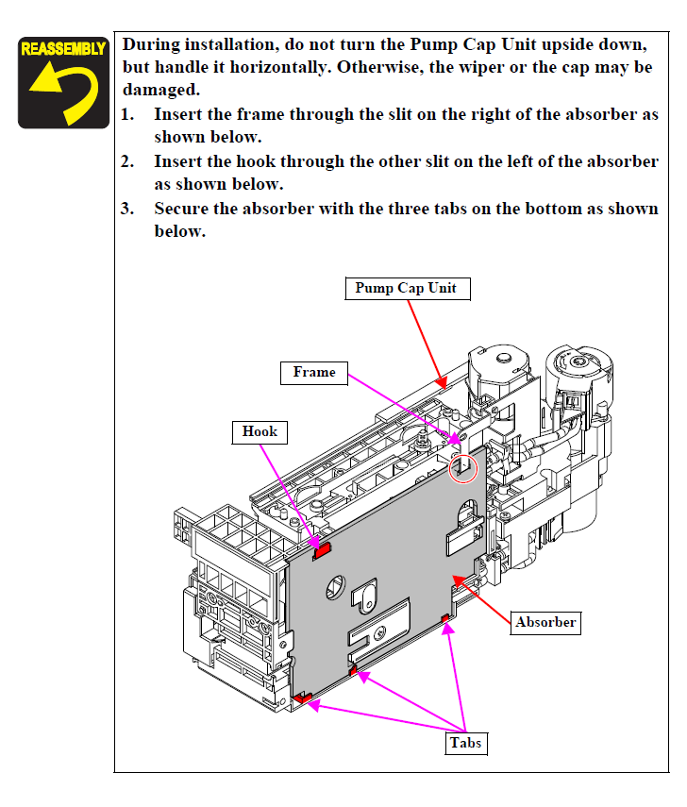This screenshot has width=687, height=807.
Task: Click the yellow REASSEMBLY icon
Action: coord(62,82)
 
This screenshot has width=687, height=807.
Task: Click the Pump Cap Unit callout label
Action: coord(405,289)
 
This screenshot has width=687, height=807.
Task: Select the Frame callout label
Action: coord(313,373)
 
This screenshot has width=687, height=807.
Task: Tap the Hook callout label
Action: coord(260,432)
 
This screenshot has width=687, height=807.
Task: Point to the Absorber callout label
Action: coord(545,622)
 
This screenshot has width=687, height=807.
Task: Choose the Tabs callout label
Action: coord(465,743)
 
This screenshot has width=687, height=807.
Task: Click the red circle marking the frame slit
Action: coord(463,465)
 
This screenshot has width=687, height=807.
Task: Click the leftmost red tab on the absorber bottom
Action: coord(303,698)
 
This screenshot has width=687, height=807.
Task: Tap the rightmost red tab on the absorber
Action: coord(444,619)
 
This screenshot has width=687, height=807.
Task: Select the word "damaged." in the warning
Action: coord(160,92)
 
